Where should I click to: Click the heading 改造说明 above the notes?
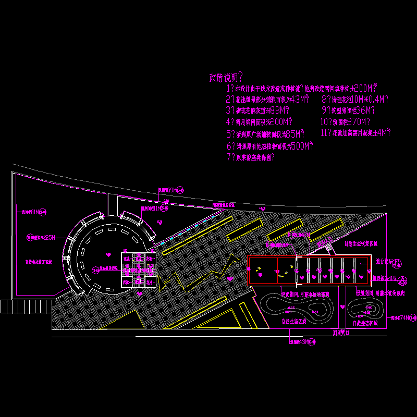pos(225,78)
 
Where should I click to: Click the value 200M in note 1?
pos(365,89)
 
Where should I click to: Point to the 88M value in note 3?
pos(279,111)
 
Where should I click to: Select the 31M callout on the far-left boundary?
pos(34,212)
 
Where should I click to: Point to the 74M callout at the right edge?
pos(403,317)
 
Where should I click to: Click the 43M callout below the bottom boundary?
pos(303,342)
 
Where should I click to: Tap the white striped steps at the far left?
pos(9,306)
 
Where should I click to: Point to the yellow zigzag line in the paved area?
pos(198,279)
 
